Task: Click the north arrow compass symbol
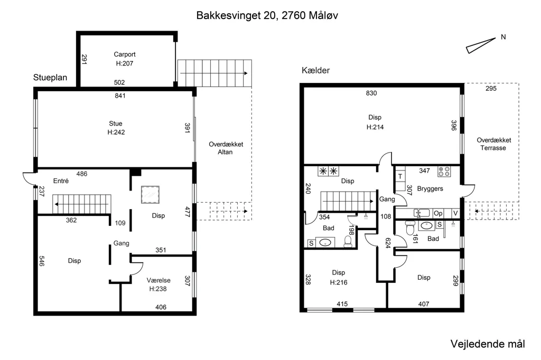tap(480, 45)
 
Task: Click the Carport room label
tap(125, 54)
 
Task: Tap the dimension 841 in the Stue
tap(120, 96)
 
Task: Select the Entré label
tap(61, 181)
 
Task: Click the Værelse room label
tap(158, 280)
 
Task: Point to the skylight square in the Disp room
tap(150, 195)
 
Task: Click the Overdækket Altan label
tap(226, 148)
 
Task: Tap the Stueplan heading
tap(50, 78)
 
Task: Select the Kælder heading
tap(316, 70)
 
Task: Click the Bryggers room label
tap(430, 188)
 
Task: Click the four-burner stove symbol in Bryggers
tap(444, 172)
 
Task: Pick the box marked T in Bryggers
tap(400, 176)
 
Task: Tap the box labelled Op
tap(438, 213)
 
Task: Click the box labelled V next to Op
tap(455, 213)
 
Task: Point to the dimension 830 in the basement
tap(371, 93)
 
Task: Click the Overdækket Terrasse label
tap(494, 144)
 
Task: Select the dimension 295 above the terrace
tap(491, 89)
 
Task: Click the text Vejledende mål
tap(488, 344)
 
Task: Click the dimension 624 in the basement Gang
tap(387, 243)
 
